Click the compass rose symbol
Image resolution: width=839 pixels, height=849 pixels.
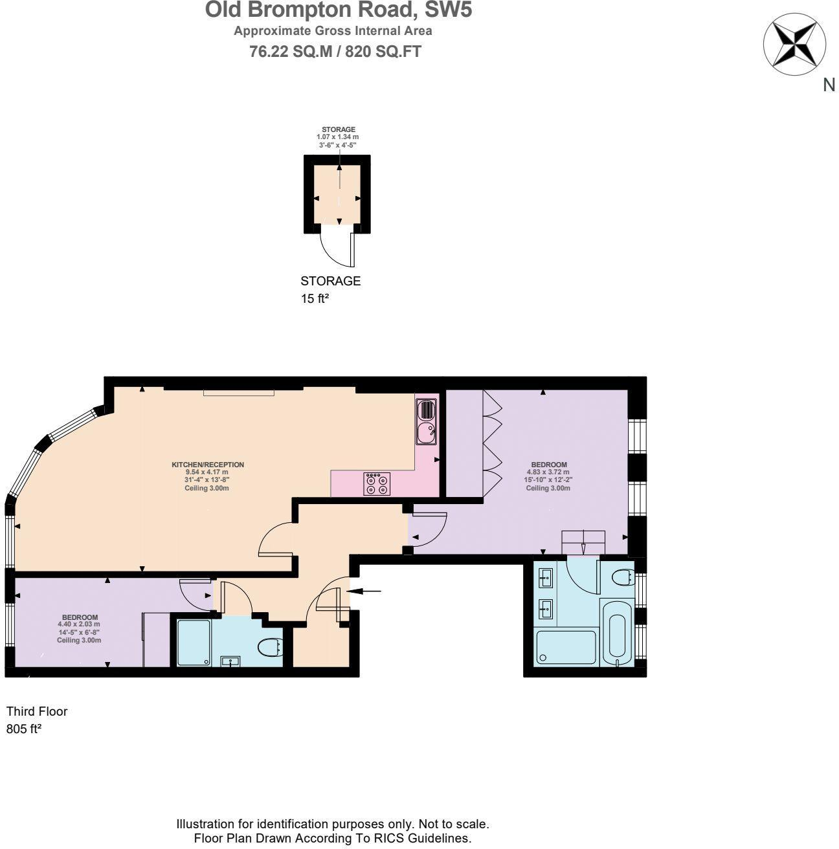794,44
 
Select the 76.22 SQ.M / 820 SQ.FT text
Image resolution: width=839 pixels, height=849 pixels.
335,52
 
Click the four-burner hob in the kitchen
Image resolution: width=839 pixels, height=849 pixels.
377,484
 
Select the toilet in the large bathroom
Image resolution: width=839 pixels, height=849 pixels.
622,577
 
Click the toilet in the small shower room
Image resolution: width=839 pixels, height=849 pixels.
268,646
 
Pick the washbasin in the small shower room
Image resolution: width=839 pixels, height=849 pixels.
230,661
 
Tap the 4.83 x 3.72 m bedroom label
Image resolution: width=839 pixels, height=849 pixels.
548,476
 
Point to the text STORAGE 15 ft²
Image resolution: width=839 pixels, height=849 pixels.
330,289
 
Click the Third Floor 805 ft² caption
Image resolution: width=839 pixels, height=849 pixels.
36,720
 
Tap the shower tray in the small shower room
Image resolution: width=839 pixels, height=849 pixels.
194,643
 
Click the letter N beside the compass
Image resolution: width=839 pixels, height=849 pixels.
829,85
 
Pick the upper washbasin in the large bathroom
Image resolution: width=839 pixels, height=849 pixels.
546,577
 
